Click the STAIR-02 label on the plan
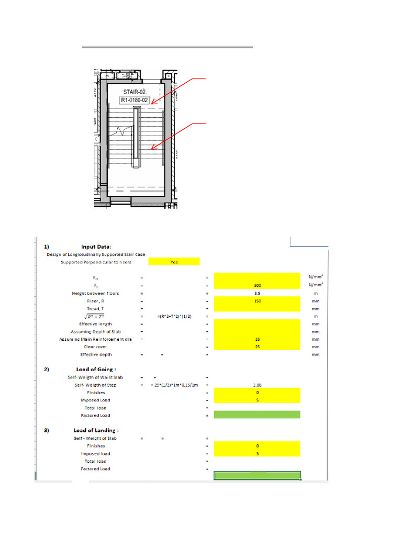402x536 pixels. pyautogui.click(x=134, y=93)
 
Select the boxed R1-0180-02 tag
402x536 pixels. pyautogui.click(x=135, y=101)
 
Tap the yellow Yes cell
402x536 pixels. pyautogui.click(x=174, y=262)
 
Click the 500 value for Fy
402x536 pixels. pyautogui.click(x=257, y=285)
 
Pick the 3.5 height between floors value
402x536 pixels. pyautogui.click(x=257, y=293)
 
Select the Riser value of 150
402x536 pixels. pyautogui.click(x=257, y=301)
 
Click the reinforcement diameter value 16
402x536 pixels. pyautogui.click(x=257, y=339)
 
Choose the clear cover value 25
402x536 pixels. pyautogui.click(x=257, y=347)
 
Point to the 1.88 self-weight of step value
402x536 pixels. pyautogui.click(x=257, y=385)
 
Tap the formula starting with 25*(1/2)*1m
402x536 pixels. pyautogui.click(x=175, y=385)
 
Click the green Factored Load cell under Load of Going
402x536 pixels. pyautogui.click(x=257, y=415)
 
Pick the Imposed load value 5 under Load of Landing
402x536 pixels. pyautogui.click(x=257, y=453)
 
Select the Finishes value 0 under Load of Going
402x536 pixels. pyautogui.click(x=257, y=392)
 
